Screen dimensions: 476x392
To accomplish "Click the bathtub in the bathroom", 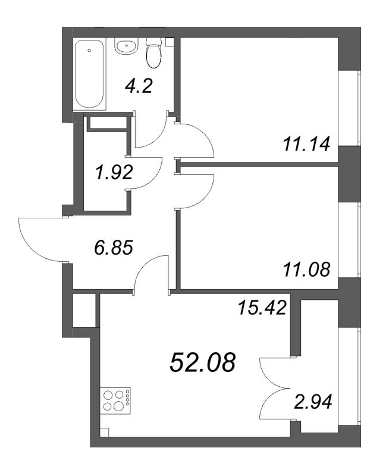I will [x=89, y=73].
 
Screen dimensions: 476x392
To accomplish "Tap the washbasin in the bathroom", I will [x=126, y=45].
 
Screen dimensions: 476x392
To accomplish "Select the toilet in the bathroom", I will [x=153, y=51].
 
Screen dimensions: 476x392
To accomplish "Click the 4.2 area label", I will [x=139, y=87].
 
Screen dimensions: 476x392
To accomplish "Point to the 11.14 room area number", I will [x=306, y=143].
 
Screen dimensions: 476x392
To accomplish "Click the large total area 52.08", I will [x=202, y=361].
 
